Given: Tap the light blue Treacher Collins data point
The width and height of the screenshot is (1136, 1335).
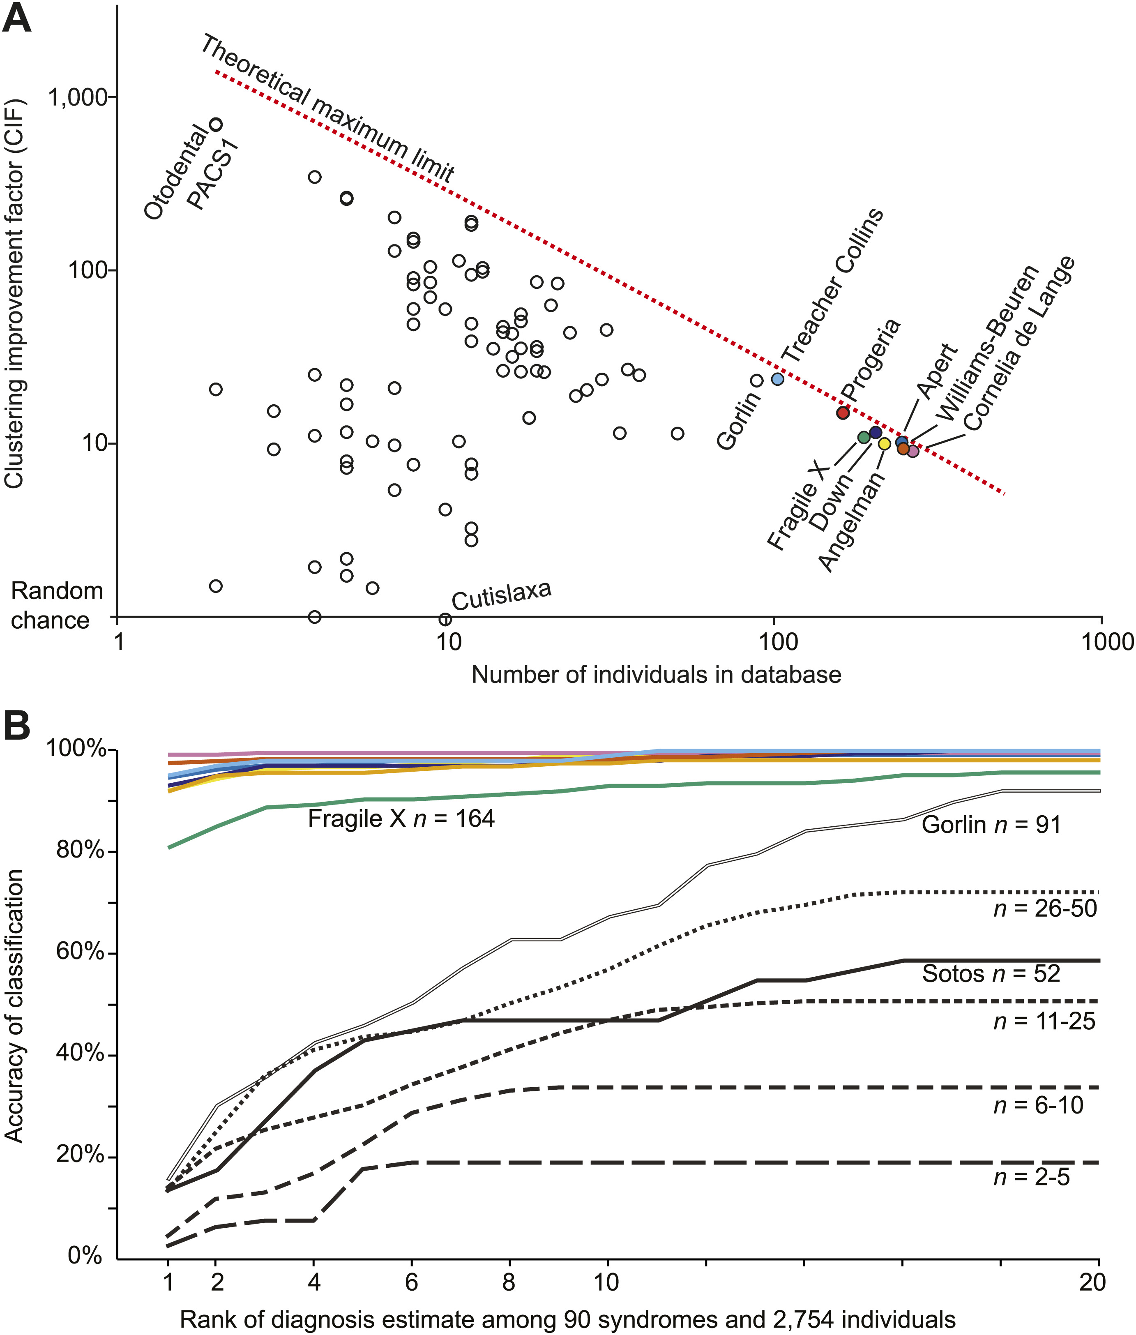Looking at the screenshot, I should coord(777,379).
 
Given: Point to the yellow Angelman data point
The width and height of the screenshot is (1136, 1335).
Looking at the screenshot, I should coord(884,444).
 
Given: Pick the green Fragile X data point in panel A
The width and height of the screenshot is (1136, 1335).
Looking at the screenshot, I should coord(864,437).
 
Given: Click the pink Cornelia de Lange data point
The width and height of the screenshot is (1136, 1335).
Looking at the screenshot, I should coord(912,451).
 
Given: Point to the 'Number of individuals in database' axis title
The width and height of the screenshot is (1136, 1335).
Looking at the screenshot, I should coord(656,674).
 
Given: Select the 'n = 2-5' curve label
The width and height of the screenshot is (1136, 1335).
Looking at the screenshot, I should coord(1031,1177).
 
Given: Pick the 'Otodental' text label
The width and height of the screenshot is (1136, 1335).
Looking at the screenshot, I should coord(175,173).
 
